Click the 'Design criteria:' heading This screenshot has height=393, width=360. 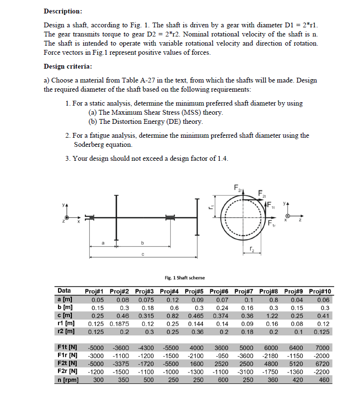pos(68,66)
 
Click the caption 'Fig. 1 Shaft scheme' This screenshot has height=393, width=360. pos(185,277)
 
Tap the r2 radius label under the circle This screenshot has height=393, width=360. pos(252,249)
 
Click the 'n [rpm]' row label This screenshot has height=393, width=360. pos(68,380)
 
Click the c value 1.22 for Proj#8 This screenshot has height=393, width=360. pos(271,316)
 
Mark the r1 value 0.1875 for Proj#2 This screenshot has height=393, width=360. pos(123,324)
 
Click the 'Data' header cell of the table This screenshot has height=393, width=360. pos(64,291)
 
